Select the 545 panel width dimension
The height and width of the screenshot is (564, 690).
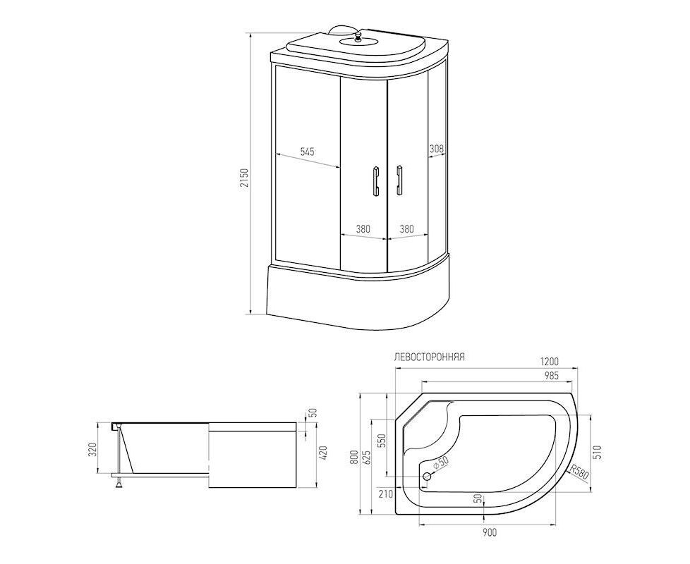click(307, 152)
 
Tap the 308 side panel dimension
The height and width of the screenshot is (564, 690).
click(437, 149)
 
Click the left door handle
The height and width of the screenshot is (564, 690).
click(375, 180)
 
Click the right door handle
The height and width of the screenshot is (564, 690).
click(399, 180)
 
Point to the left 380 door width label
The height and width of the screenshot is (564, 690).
click(363, 229)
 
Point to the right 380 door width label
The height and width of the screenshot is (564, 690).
click(406, 229)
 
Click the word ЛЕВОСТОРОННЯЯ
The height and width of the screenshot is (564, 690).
click(430, 357)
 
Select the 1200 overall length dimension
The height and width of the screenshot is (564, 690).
click(549, 362)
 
